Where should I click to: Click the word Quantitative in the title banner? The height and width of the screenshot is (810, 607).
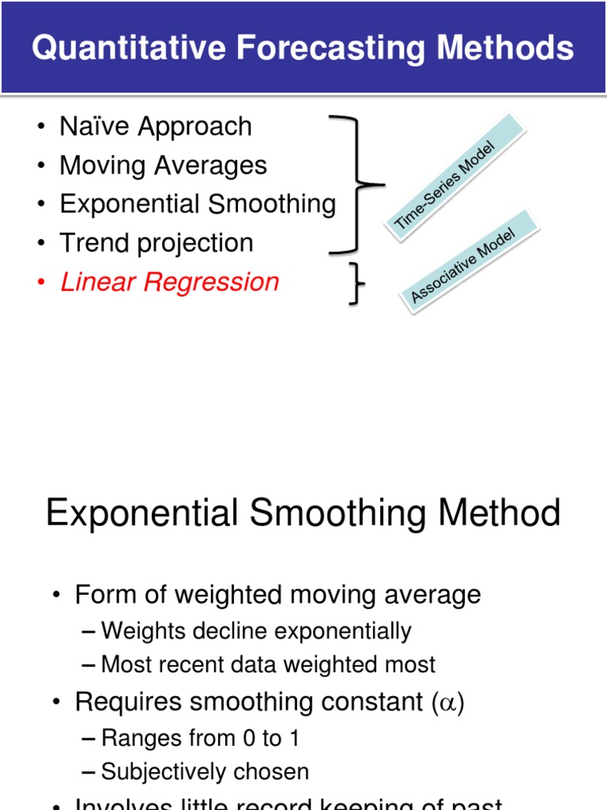point(115,48)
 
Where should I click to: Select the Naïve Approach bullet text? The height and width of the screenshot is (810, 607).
point(156,127)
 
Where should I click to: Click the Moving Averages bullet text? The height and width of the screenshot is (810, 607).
point(164,165)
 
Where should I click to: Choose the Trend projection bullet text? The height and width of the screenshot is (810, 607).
point(156,243)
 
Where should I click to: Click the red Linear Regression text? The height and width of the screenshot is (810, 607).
point(170,282)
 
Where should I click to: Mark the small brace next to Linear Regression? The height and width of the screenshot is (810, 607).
point(358,283)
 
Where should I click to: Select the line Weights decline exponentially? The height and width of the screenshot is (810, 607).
point(256,631)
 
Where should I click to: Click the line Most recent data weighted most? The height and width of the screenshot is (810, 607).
point(268,664)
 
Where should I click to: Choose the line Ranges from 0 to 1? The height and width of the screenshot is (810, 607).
point(200,738)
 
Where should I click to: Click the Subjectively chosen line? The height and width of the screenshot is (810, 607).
point(205,771)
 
